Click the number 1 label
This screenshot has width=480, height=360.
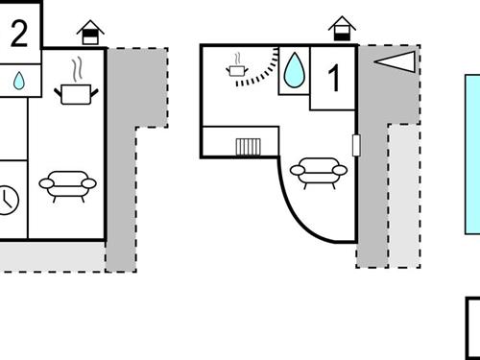(335, 78)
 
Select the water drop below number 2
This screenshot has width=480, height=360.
(18, 82)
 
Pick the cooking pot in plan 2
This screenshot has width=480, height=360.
(77, 92)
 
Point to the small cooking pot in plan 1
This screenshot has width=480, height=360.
(236, 68)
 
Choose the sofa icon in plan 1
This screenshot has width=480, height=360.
(318, 170)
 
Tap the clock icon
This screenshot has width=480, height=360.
(7, 199)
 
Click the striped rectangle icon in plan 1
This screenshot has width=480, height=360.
(250, 147)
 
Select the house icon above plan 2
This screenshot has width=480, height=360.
(90, 33)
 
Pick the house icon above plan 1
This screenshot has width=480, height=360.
(340, 29)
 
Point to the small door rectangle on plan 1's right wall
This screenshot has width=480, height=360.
(356, 146)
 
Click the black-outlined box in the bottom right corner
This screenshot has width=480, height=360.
(473, 328)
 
